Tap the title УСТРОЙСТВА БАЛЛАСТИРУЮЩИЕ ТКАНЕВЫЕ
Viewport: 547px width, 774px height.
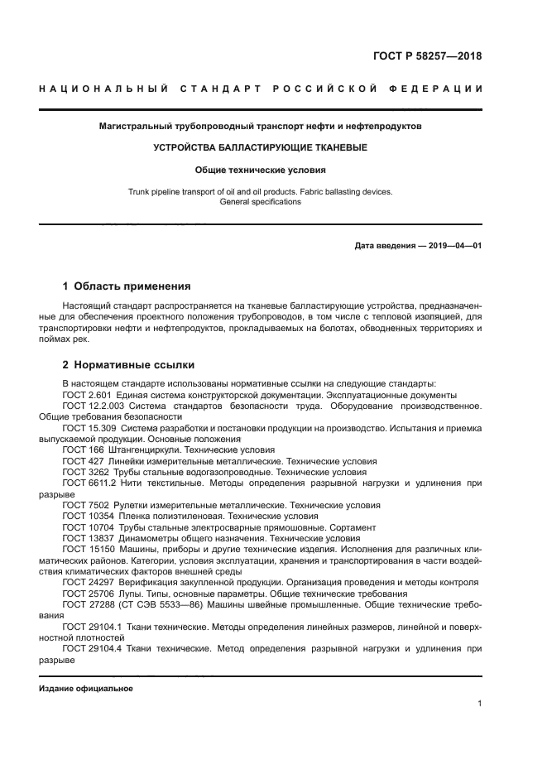point(260,148)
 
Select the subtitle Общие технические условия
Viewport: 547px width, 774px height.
point(260,171)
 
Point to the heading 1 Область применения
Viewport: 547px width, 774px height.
point(127,286)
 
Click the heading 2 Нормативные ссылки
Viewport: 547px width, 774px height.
point(130,363)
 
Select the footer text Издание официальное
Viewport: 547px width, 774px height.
point(86,688)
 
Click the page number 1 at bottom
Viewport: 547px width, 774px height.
point(479,704)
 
